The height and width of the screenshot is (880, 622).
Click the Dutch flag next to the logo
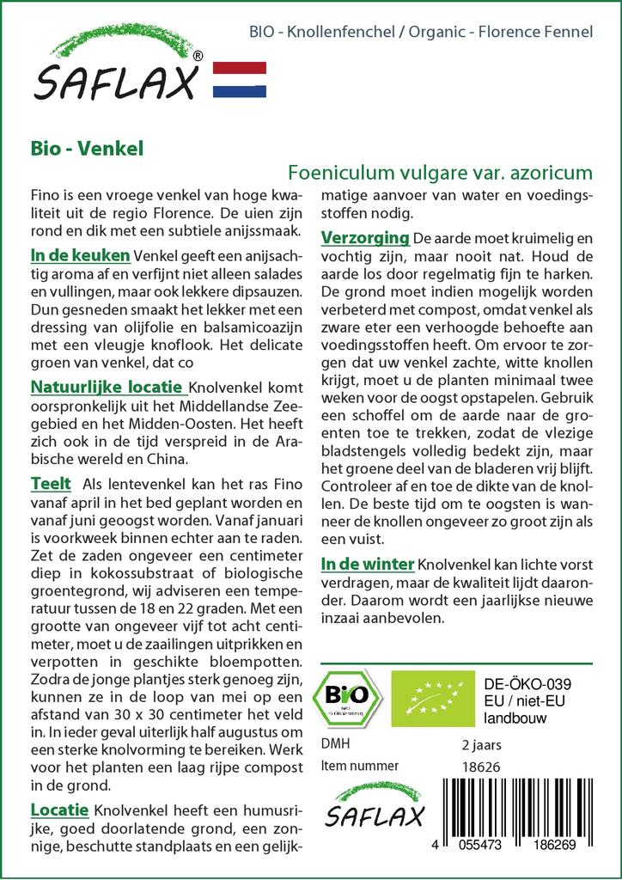pyautogui.click(x=238, y=79)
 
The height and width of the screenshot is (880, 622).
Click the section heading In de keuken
pyautogui.click(x=80, y=255)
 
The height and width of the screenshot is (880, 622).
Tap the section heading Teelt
pyautogui.click(x=51, y=484)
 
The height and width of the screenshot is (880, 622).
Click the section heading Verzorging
pyautogui.click(x=364, y=236)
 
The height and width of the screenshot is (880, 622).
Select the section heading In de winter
pyautogui.click(x=368, y=564)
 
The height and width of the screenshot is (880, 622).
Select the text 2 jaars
pyautogui.click(x=481, y=744)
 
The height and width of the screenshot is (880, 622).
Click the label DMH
pyautogui.click(x=335, y=744)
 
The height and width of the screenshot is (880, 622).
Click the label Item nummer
pyautogui.click(x=359, y=767)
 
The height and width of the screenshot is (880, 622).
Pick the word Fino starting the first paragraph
pyautogui.click(x=45, y=195)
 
